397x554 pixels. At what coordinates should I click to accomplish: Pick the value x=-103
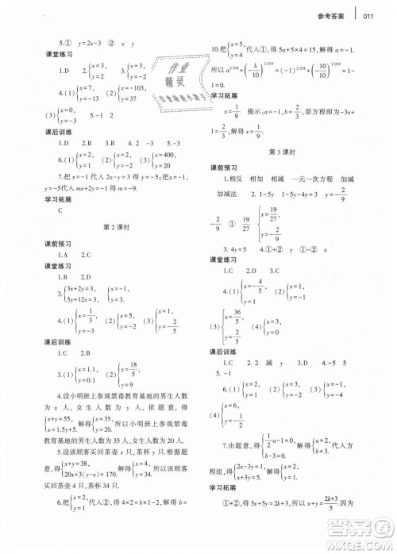(x=137, y=88)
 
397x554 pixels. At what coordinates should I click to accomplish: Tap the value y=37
(x=133, y=98)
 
